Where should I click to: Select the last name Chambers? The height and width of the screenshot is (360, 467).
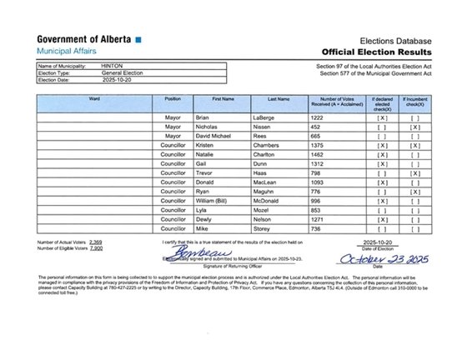coord(282,147)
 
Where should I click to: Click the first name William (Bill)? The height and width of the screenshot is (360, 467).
coord(220,200)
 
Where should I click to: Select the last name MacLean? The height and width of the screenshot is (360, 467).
coord(281,182)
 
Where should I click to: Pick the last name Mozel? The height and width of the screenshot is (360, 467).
coord(277,209)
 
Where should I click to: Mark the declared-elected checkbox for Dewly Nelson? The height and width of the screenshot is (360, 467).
coord(383,218)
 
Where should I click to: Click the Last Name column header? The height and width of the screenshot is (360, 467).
coord(279,99)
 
